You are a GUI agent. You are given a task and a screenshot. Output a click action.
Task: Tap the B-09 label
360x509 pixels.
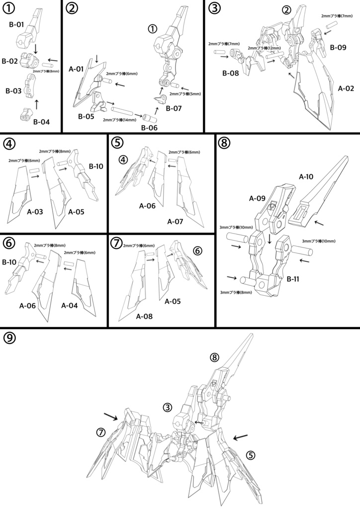(x=338, y=48)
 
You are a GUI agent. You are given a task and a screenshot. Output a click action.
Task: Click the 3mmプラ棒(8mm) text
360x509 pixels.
(x=236, y=293)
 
